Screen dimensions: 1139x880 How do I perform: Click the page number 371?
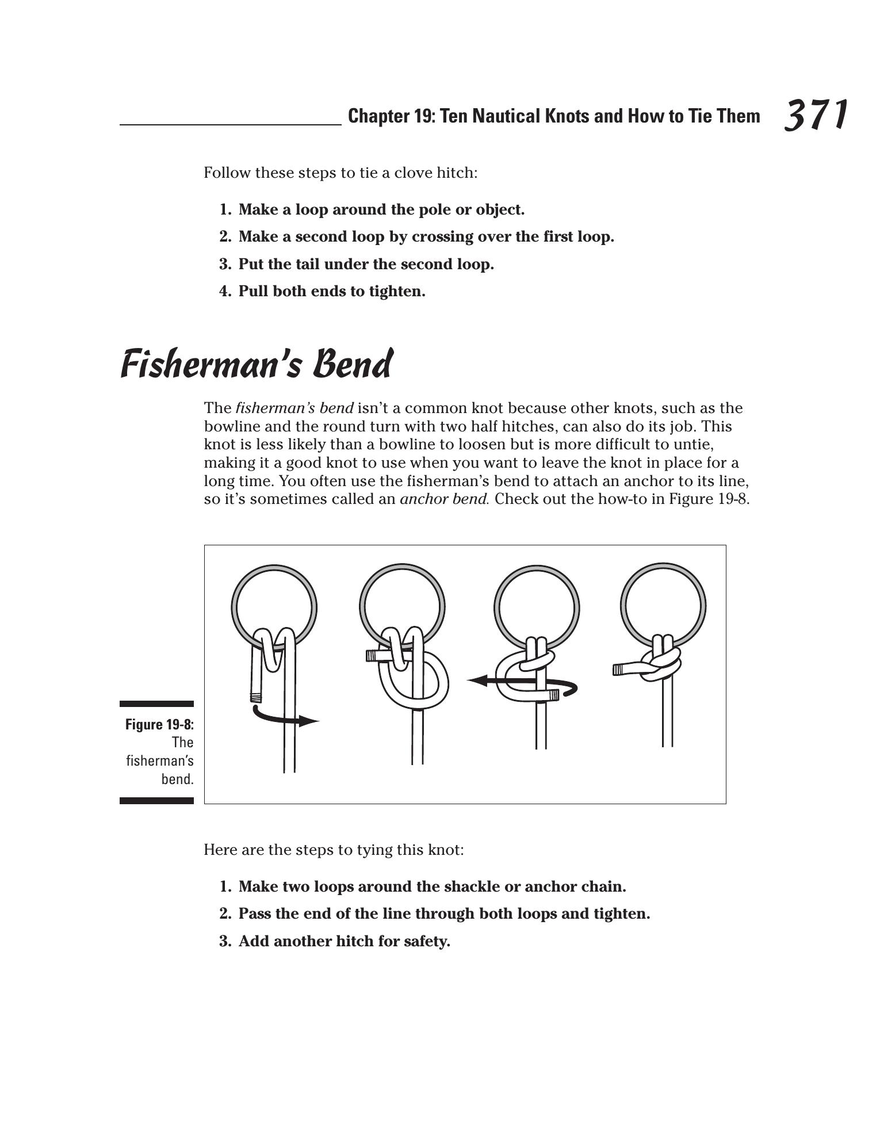816,115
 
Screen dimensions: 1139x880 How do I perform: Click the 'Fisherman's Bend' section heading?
257,365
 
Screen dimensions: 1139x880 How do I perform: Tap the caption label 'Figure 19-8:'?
159,724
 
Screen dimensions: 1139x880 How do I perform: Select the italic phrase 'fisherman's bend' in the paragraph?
294,408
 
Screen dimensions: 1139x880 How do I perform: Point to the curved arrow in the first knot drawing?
285,718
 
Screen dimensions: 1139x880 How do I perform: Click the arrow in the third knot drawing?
521,682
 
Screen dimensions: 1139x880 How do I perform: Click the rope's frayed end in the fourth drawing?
618,670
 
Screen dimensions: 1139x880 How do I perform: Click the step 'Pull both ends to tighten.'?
332,292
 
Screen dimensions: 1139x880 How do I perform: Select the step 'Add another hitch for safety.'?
344,941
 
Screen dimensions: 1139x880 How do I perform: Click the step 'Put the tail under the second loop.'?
366,265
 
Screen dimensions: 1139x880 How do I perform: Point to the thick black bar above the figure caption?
156,704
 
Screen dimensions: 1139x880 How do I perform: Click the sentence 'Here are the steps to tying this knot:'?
334,850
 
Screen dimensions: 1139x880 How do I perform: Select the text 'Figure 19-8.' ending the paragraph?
709,499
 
